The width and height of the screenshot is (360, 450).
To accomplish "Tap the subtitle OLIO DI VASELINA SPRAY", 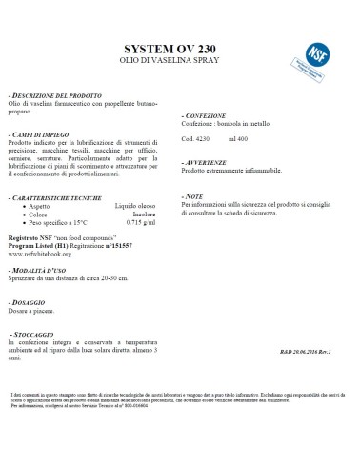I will pos(180,67).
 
